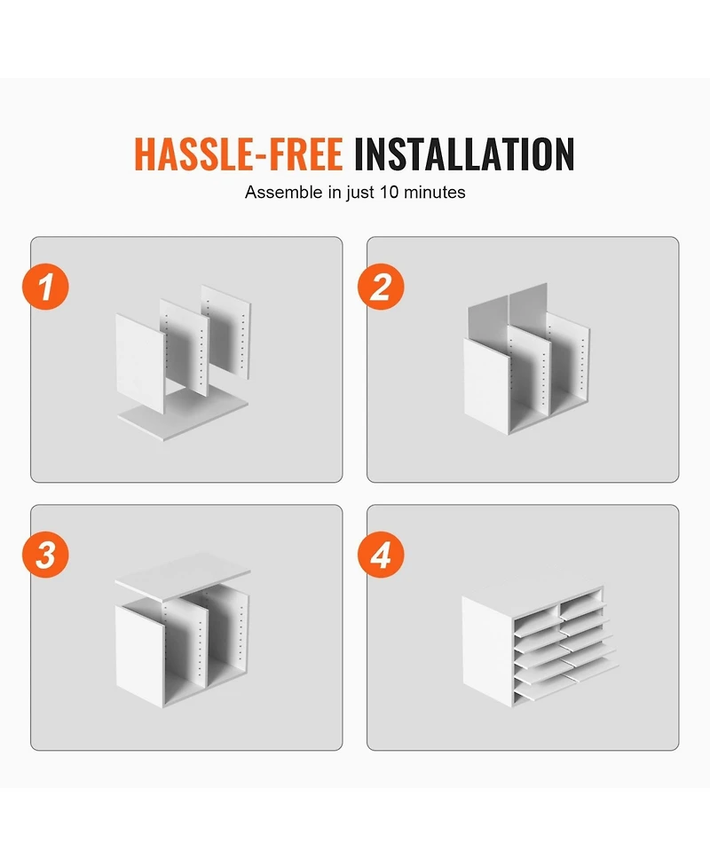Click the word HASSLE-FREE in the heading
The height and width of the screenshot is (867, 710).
pos(239,154)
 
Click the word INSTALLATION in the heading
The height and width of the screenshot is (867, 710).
pos(464,154)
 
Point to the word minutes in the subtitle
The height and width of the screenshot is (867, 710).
pos(435,193)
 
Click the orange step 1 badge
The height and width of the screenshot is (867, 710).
pos(46,287)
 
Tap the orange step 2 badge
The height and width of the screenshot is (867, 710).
pos(381,287)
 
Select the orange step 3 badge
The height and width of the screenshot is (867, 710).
pos(46,555)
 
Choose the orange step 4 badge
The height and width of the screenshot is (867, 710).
pos(381,555)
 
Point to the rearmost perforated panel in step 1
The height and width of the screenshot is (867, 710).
pos(226,331)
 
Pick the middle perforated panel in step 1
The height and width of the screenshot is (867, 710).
pos(184,347)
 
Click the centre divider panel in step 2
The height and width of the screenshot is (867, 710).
pos(529,370)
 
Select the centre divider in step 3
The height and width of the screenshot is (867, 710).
pos(187,642)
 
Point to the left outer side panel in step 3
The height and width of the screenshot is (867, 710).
pos(140,655)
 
